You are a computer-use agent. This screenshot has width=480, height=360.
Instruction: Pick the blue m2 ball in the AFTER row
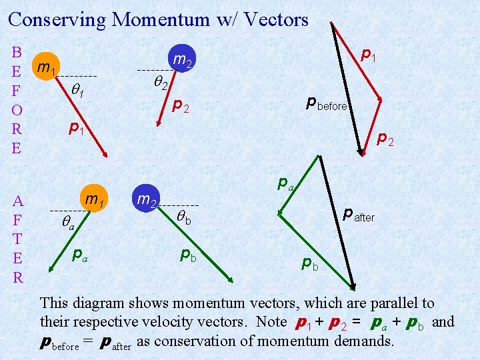point(147,199)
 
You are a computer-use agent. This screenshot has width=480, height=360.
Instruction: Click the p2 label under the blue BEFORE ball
point(181,105)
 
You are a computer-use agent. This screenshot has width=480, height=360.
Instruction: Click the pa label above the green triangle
point(286,181)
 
